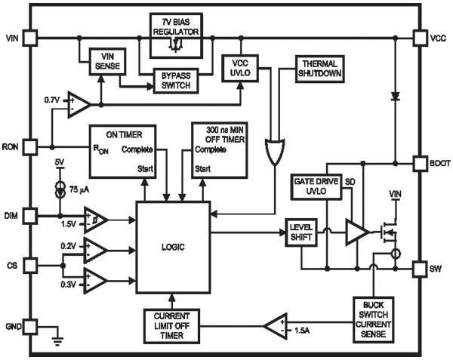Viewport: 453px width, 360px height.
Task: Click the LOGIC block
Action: pyautogui.click(x=173, y=247)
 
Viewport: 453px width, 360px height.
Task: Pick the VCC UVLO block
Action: pyautogui.click(x=239, y=68)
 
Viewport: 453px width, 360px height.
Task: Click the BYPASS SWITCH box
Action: pyautogui.click(x=175, y=81)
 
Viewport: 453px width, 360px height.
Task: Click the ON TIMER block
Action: pyautogui.click(x=123, y=151)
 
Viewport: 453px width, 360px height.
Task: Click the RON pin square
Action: pyautogui.click(x=30, y=145)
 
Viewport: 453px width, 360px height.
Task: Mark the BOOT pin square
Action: pyautogui.click(x=420, y=163)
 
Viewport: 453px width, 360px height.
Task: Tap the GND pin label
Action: pyautogui.click(x=11, y=326)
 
